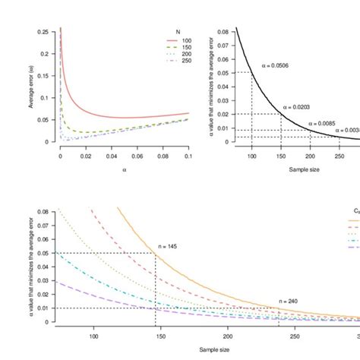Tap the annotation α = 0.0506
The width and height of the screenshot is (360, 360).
coord(276,66)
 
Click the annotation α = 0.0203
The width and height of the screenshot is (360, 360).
coord(298,108)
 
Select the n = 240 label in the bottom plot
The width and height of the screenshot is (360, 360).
coord(288,302)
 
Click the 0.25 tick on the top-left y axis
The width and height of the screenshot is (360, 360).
coord(43,32)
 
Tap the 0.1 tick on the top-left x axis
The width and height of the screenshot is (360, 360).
coord(188,154)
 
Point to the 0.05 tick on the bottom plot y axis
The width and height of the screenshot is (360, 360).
coord(43,252)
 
